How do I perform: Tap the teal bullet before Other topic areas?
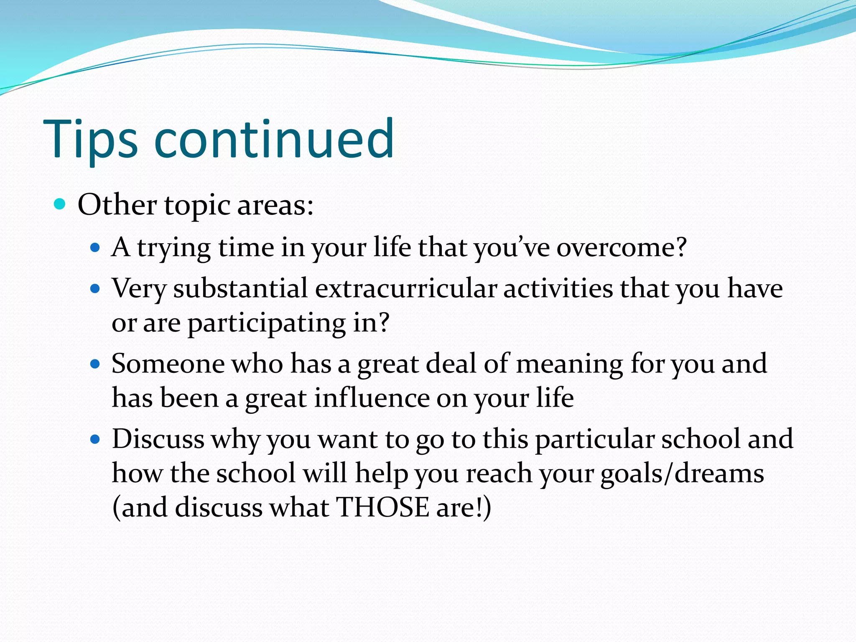60,204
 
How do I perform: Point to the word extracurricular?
406,288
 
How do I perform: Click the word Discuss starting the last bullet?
158,439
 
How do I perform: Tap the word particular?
595,439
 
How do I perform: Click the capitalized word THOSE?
382,507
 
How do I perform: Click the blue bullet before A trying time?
96,248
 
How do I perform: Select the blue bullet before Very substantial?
96,288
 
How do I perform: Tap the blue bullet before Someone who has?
96,364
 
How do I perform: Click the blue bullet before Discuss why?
96,439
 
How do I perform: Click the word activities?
558,288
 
